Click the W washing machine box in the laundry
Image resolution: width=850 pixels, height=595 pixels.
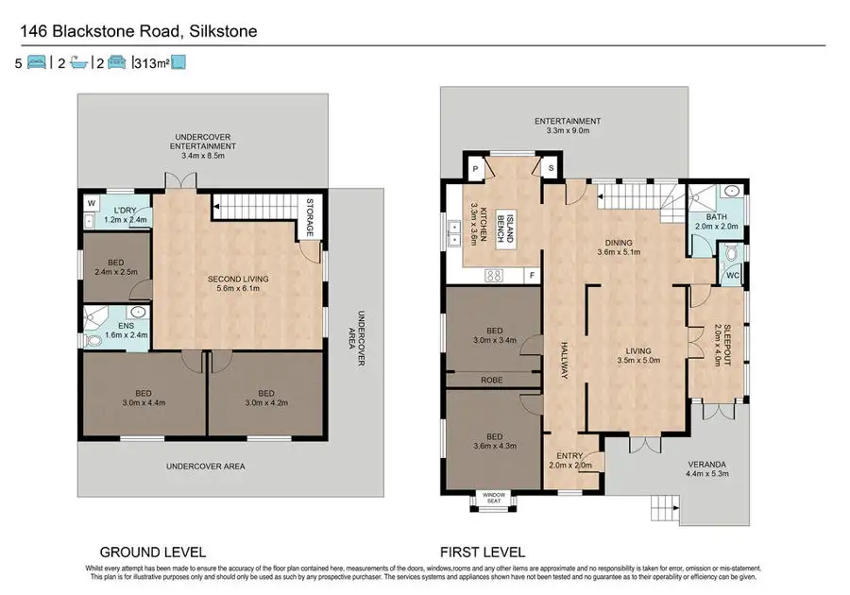[92, 202]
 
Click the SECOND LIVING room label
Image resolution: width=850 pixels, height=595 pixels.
[239, 279]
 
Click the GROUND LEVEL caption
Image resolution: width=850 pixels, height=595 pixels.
[153, 552]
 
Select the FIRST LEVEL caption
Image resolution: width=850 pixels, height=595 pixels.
[483, 552]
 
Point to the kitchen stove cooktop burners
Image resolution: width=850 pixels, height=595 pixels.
[492, 276]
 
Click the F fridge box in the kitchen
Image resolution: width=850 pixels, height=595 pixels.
[533, 276]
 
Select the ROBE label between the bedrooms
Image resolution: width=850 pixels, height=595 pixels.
[491, 382]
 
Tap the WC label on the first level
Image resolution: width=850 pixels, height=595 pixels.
[732, 276]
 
